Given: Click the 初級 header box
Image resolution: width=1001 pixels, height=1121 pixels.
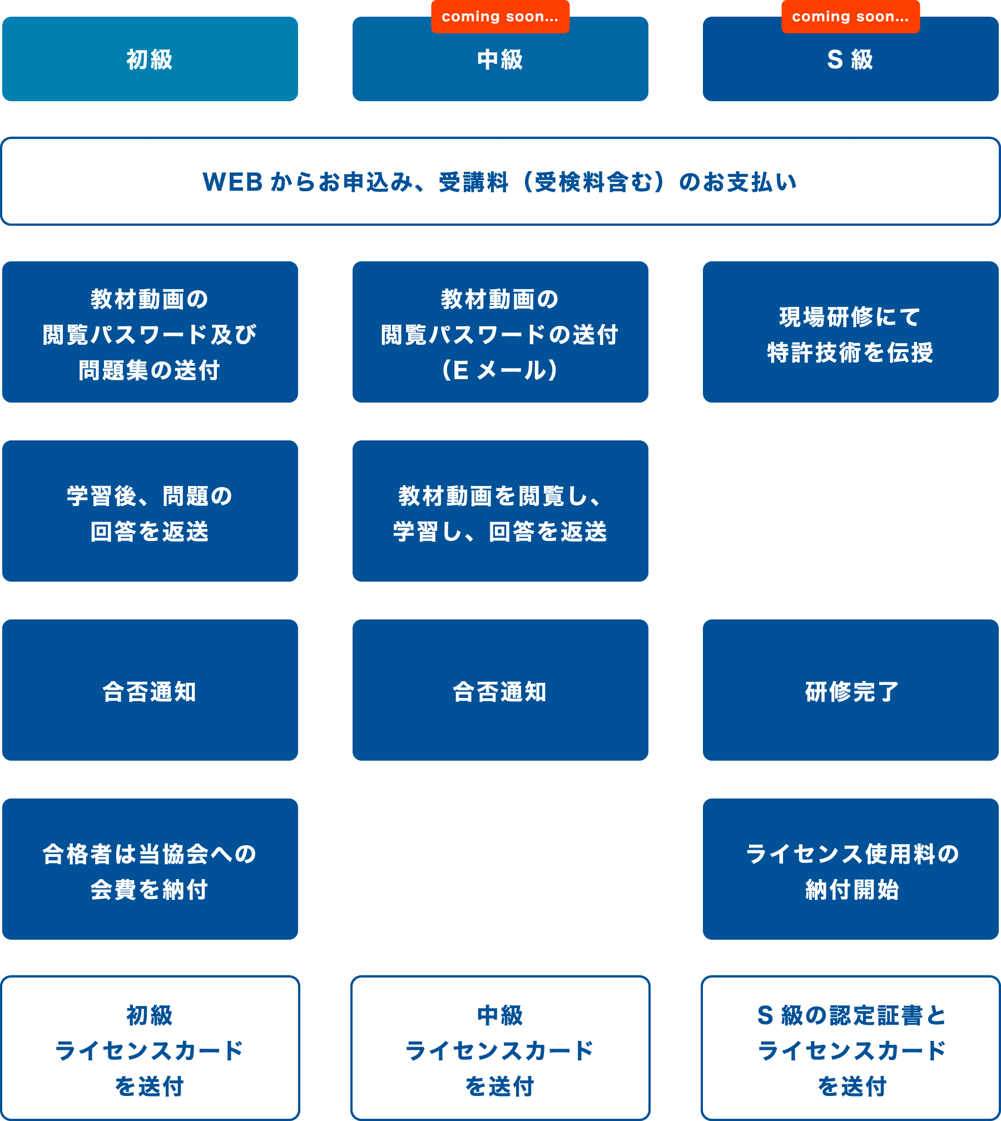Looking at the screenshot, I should (x=150, y=59).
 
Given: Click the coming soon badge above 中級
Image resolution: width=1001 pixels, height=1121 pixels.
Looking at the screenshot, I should (x=500, y=17).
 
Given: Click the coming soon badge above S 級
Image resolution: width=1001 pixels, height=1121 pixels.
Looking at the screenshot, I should (x=850, y=17).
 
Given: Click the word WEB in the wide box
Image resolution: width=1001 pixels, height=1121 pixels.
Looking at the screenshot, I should (x=232, y=182).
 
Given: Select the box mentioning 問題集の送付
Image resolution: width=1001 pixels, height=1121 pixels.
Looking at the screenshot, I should (x=150, y=332).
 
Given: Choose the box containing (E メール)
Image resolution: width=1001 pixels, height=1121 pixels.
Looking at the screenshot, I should (x=500, y=332).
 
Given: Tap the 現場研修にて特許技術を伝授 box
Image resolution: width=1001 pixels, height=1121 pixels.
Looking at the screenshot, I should (x=850, y=332).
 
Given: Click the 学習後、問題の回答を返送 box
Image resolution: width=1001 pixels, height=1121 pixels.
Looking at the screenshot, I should (x=150, y=511).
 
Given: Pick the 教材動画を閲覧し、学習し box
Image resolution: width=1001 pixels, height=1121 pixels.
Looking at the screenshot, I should (x=500, y=511).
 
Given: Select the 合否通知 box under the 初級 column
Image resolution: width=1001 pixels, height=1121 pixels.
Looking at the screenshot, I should (x=150, y=690).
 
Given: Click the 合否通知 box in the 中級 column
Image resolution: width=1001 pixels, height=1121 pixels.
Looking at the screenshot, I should (x=500, y=690).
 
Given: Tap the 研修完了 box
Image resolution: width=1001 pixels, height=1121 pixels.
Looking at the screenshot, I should (x=850, y=690).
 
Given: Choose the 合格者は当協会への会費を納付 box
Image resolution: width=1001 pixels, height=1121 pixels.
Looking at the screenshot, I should (x=150, y=869).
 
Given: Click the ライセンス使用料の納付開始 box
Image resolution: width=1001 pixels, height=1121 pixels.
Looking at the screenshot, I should (x=850, y=869).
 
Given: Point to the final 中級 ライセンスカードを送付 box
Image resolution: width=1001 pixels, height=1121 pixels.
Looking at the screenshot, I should (x=500, y=1048).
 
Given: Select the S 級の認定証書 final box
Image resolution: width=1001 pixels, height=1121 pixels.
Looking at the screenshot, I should (x=850, y=1048).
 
